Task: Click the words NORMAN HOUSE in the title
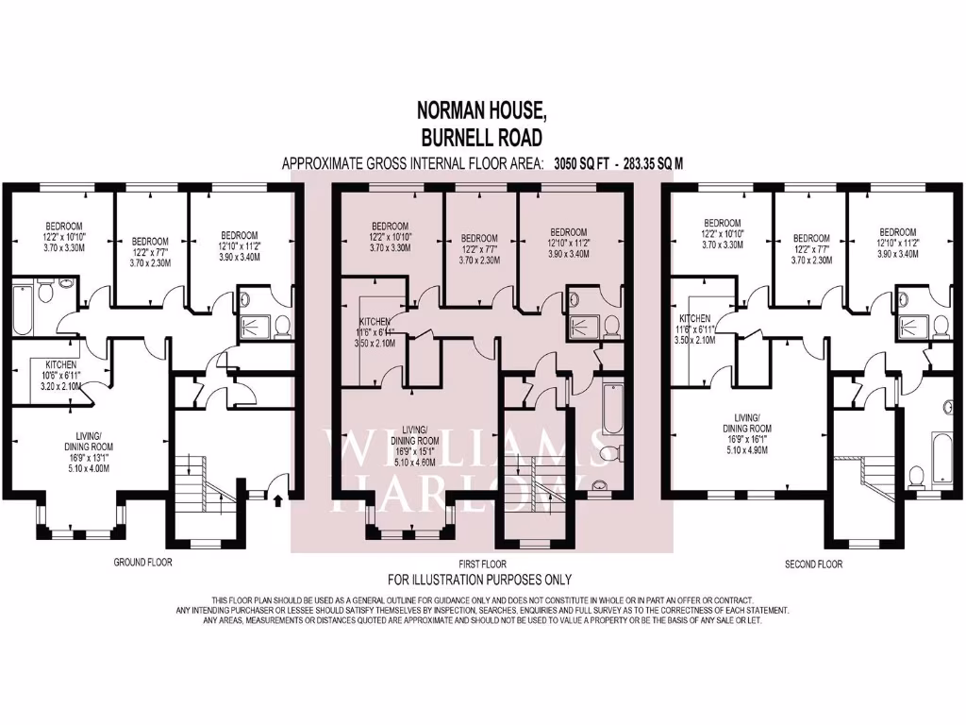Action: (x=482, y=110)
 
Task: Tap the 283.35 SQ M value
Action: (x=650, y=163)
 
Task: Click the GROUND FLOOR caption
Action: (x=142, y=563)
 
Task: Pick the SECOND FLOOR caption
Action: (x=813, y=565)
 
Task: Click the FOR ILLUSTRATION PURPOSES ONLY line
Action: (x=480, y=580)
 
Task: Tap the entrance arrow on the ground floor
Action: (x=276, y=497)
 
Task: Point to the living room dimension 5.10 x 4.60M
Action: (x=415, y=462)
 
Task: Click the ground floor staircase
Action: (x=203, y=481)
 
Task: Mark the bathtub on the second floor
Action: (x=941, y=450)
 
